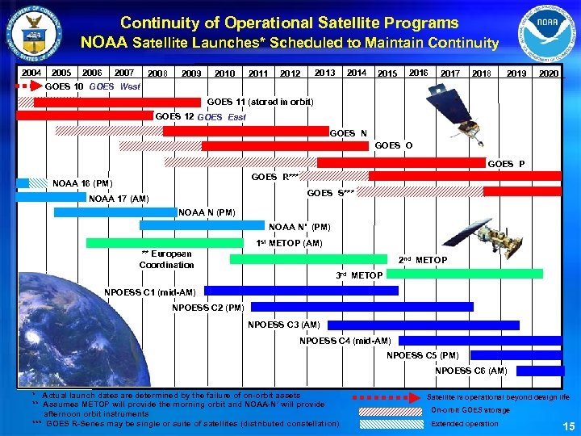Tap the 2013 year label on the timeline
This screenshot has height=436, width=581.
324,73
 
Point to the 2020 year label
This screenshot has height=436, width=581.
550,73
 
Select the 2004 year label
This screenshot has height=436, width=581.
31,73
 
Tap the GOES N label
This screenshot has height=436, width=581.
349,132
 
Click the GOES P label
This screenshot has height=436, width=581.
506,164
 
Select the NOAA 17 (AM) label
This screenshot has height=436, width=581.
119,199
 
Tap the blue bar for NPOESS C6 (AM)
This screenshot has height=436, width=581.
540,371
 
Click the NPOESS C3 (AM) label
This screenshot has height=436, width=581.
283,325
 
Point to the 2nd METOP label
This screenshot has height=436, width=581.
423,260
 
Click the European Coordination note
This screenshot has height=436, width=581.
166,259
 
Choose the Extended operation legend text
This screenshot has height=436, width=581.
464,423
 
